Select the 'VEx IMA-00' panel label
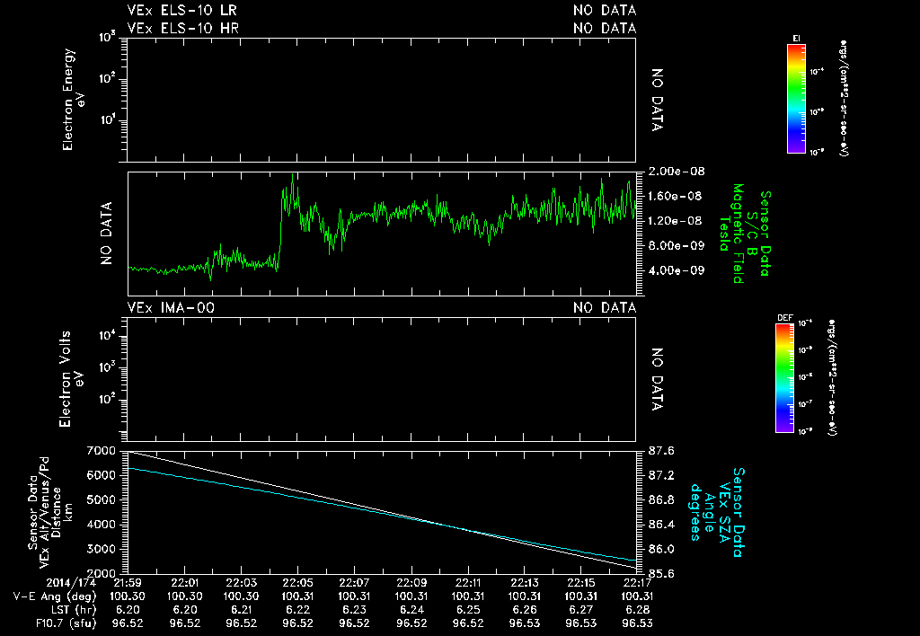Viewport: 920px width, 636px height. click(170, 308)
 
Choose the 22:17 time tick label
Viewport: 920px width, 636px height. click(636, 582)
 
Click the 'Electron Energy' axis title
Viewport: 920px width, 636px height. click(70, 99)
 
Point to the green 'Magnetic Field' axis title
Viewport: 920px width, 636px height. click(737, 234)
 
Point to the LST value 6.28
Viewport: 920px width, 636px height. click(636, 608)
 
